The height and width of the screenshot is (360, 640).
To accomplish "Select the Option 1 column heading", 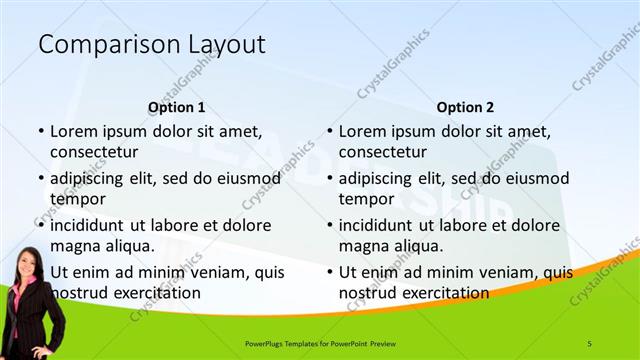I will click(176, 106).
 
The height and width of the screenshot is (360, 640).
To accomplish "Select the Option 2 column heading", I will click(465, 106).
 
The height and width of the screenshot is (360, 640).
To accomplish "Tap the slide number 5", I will click(589, 343).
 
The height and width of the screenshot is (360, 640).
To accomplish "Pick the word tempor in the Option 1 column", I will click(77, 199).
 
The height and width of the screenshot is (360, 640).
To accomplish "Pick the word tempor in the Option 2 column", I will click(366, 199).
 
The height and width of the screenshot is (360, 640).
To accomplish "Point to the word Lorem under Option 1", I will click(72, 132).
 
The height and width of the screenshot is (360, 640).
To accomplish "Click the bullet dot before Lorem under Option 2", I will click(331, 132).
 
